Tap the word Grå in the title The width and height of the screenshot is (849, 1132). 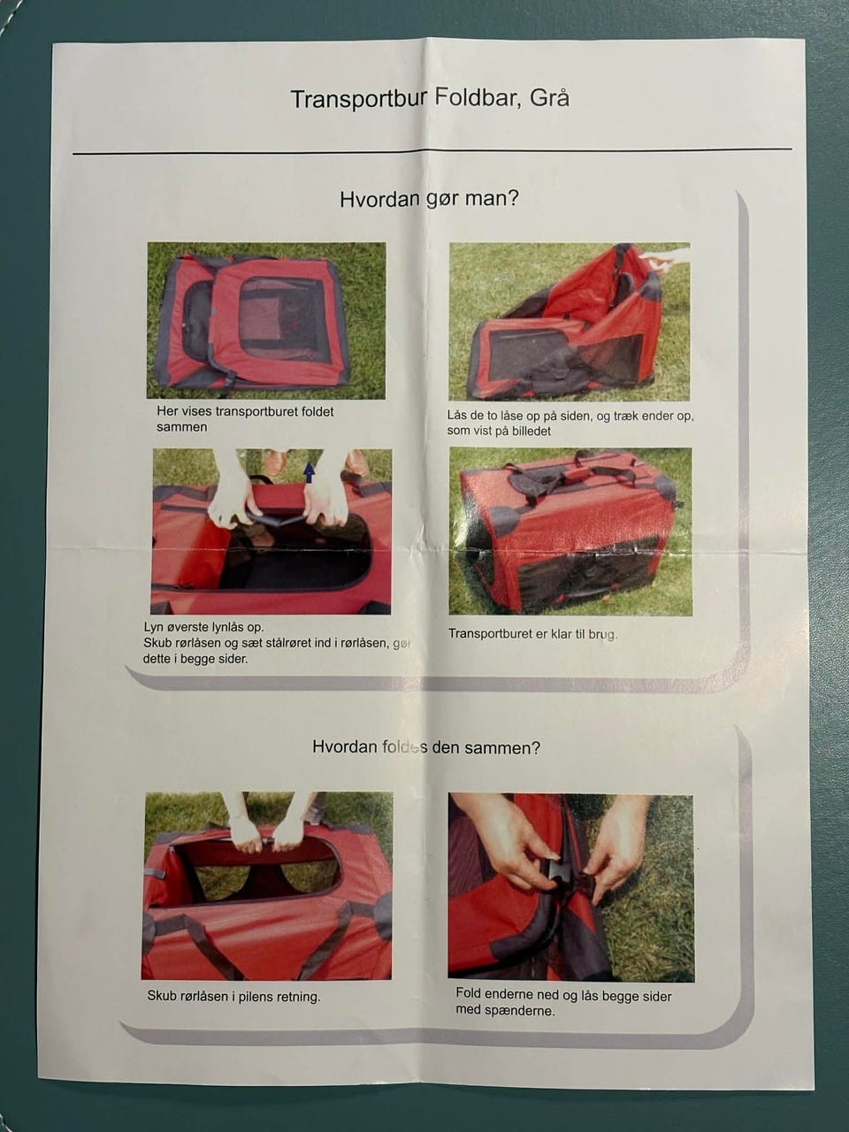pyautogui.click(x=549, y=97)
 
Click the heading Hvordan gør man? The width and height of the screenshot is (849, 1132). pyautogui.click(x=429, y=199)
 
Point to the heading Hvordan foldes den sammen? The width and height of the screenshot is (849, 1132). pyautogui.click(x=426, y=747)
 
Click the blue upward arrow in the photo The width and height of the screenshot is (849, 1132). pyautogui.click(x=309, y=472)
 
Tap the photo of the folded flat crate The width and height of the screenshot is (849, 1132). pyautogui.click(x=266, y=320)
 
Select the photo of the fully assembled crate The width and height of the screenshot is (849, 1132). pyautogui.click(x=570, y=532)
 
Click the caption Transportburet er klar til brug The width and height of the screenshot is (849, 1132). pyautogui.click(x=532, y=633)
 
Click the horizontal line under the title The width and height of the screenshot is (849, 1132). pyautogui.click(x=432, y=151)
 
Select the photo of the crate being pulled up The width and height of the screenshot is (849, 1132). pyautogui.click(x=570, y=321)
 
